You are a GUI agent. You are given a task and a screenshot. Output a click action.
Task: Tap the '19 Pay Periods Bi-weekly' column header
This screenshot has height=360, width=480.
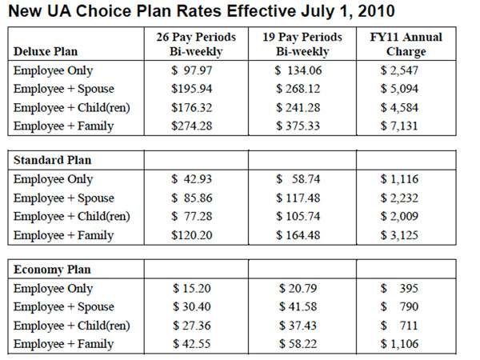click(x=302, y=45)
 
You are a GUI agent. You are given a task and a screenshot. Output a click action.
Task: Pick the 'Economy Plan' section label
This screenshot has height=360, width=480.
click(x=52, y=269)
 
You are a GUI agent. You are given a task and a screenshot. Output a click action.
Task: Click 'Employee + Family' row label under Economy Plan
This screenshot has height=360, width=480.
click(x=63, y=344)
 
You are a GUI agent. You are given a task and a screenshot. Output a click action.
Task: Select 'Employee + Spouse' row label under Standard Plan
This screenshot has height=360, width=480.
click(x=63, y=198)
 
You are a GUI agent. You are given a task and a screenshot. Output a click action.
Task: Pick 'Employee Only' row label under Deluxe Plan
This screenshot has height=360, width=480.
click(x=53, y=70)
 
